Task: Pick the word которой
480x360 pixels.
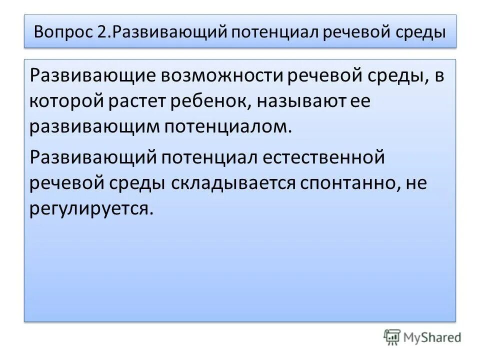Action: pos(64,101)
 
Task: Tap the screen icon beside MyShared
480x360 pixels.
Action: pos(392,337)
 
